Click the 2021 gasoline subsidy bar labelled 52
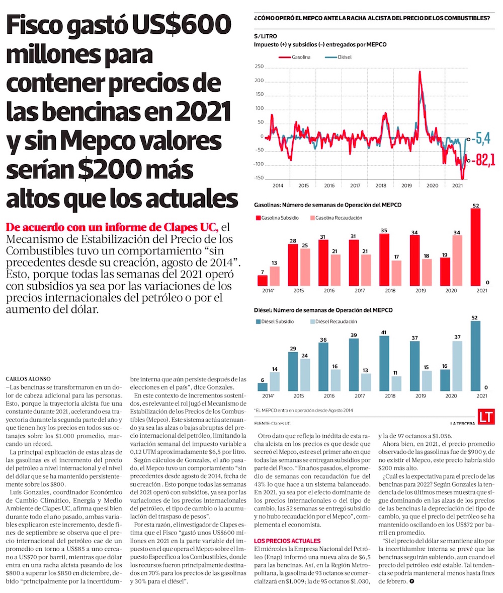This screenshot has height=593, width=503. coord(475,247)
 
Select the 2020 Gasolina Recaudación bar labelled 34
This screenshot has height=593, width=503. coord(457,260)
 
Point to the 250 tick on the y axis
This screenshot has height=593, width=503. coord(259,67)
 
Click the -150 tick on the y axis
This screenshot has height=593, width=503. coord(259,178)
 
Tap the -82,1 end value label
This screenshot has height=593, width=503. coord(485,161)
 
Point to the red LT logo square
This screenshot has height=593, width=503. coord(486,417)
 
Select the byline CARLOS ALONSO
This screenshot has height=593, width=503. coord(29,378)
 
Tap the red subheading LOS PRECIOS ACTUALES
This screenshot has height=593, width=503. coord(287,541)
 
